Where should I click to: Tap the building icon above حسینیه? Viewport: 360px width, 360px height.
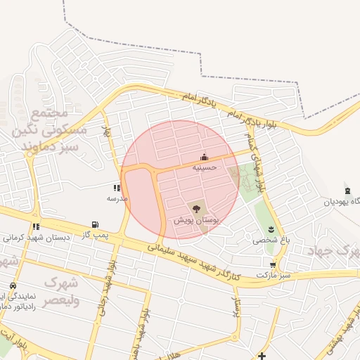pos(204,157)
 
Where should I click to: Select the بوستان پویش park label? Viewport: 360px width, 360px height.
pos(198,220)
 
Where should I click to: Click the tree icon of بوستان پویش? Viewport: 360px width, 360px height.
pos(195,208)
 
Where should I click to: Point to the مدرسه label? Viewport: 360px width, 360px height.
pos(117,198)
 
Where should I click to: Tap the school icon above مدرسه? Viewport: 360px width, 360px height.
pos(117,188)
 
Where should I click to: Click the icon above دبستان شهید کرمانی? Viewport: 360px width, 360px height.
pos(35,226)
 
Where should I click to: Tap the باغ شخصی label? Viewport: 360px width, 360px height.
pos(271,240)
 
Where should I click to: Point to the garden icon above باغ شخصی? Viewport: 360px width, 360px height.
pos(271,230)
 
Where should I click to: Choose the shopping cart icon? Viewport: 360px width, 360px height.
pos(273,265)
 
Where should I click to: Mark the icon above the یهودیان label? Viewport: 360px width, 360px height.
pos(347,191)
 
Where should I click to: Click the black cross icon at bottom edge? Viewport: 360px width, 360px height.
pos(262,356)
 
